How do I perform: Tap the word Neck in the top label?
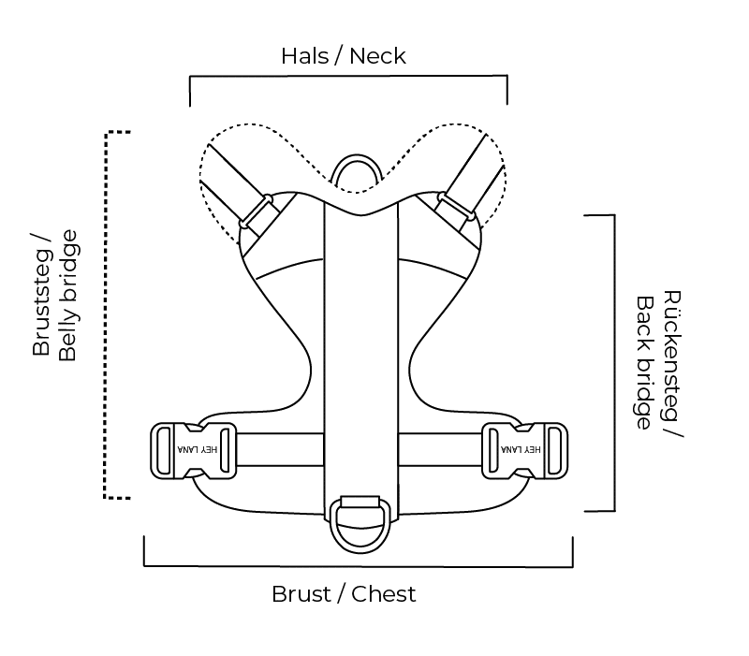point(377,56)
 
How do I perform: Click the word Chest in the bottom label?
point(384,594)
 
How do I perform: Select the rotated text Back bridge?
point(645,363)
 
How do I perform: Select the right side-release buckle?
point(525,450)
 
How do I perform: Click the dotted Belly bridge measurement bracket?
point(106,313)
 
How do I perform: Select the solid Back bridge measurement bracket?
point(613,363)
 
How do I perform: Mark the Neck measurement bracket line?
point(348,78)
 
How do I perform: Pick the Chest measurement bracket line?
point(358,565)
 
